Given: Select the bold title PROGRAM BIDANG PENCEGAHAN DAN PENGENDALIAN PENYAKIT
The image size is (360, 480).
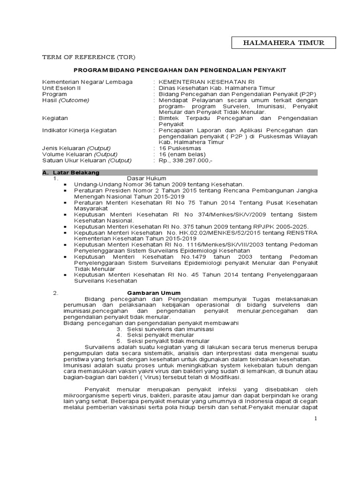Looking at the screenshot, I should [x=180, y=70].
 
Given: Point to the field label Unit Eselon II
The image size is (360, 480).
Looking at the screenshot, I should [x=61, y=88].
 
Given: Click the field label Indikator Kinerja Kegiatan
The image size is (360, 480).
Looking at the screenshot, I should [x=79, y=130].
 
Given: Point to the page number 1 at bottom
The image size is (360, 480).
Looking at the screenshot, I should [x=316, y=418].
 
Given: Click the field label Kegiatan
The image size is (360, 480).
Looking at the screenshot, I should [x=55, y=118].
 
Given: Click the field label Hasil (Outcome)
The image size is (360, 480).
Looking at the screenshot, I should [x=65, y=100].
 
